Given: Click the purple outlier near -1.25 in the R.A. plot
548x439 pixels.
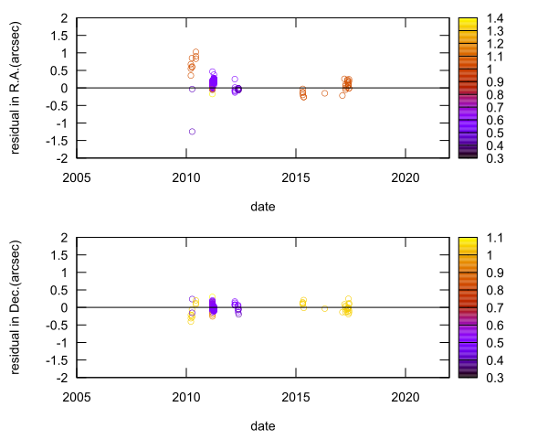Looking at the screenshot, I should click(x=193, y=132).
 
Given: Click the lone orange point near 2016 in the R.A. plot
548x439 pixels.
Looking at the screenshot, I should click(x=325, y=93).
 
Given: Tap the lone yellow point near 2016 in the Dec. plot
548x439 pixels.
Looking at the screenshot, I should click(x=325, y=309).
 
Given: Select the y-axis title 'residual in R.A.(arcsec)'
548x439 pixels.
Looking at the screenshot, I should click(x=16, y=88).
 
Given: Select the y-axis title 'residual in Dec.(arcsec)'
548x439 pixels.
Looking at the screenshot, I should click(x=16, y=307).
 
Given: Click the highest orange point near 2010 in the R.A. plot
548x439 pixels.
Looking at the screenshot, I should click(x=195, y=52).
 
